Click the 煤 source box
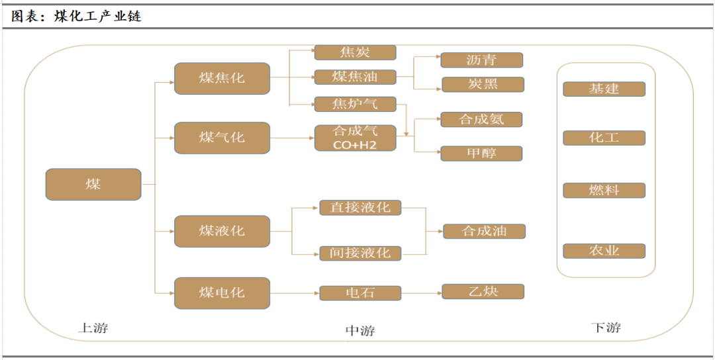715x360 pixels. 93,185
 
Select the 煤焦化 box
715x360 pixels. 222,78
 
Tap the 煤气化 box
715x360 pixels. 222,138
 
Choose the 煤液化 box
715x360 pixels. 222,231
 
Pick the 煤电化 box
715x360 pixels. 222,292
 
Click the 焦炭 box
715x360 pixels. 355,52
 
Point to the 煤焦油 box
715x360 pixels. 355,77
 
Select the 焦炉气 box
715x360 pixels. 355,104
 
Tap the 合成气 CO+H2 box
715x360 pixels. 355,138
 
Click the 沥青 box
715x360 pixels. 481,60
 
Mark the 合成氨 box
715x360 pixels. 481,120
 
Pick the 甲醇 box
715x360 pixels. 481,154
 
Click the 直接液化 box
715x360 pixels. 360,208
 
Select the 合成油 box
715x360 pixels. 484,231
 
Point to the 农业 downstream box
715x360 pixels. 604,251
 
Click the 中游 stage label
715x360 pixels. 360,330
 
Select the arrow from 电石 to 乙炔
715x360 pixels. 421,292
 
